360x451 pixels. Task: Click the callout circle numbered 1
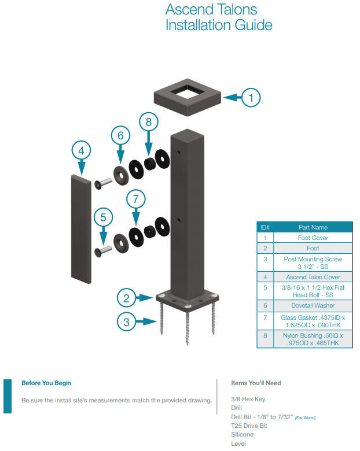[x=251, y=98]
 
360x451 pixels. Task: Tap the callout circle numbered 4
[x=82, y=151]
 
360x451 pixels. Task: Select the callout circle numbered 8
[x=149, y=122]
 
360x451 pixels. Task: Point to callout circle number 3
[x=127, y=321]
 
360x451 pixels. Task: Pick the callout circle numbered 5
[x=104, y=218]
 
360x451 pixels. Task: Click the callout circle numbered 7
[x=120, y=136]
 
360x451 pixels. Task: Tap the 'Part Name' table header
[x=313, y=227]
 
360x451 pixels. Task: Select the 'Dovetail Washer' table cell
[x=313, y=304]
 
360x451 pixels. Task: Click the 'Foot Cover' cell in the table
[x=313, y=238]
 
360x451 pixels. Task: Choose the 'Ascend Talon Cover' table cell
[x=313, y=277]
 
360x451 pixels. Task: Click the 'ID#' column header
[x=265, y=227]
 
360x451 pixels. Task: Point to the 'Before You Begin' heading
[x=46, y=383]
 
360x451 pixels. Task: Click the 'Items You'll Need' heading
[x=256, y=383]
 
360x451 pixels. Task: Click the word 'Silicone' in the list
[x=242, y=434]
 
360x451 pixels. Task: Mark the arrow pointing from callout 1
[x=232, y=98]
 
